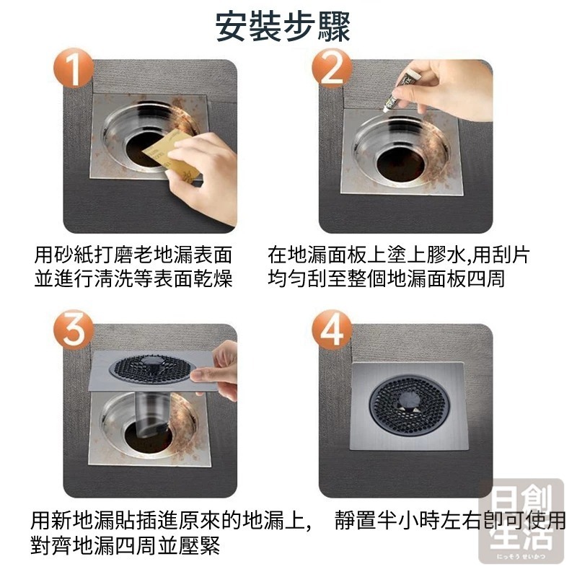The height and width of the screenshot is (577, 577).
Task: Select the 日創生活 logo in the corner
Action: click(x=521, y=521)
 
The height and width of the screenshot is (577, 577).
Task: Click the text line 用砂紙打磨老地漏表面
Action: click(x=134, y=255)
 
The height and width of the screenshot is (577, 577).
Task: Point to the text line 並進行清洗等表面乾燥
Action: click(x=134, y=279)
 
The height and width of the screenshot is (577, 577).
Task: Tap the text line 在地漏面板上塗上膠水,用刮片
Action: click(x=400, y=255)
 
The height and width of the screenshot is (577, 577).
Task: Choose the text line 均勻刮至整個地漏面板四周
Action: click(x=386, y=279)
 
